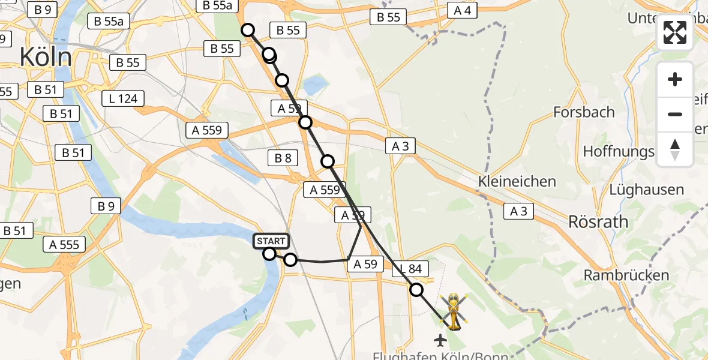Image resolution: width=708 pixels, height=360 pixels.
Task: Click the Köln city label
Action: pyautogui.click(x=46, y=58)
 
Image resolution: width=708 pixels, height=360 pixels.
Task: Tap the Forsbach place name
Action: pyautogui.click(x=584, y=112)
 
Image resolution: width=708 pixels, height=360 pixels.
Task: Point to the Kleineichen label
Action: pyautogui.click(x=517, y=181)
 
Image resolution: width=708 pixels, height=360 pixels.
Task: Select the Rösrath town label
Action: pyautogui.click(x=598, y=222)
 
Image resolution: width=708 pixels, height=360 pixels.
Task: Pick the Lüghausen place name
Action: pyautogui.click(x=646, y=190)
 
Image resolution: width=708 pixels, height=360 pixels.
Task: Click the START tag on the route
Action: pyautogui.click(x=272, y=241)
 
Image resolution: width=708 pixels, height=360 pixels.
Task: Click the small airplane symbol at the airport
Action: pyautogui.click(x=441, y=340)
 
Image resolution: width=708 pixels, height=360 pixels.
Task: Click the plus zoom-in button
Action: pyautogui.click(x=675, y=79)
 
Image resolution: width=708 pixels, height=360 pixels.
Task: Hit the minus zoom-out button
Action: pyautogui.click(x=675, y=114)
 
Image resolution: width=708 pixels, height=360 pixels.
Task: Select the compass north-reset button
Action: pyautogui.click(x=675, y=149)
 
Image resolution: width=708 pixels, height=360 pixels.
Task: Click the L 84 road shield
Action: pyautogui.click(x=410, y=271)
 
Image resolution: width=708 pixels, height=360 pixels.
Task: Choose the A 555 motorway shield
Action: pyautogui.click(x=64, y=244)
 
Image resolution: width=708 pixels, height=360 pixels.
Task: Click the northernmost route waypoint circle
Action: pyautogui.click(x=248, y=30)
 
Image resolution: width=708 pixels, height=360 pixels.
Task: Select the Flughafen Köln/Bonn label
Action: pyautogui.click(x=426, y=356)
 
